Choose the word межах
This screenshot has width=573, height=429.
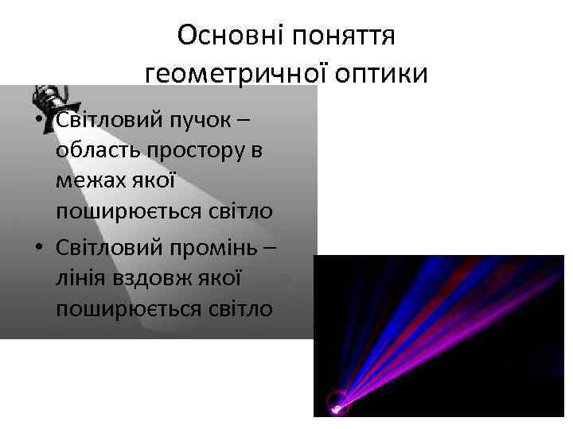tap(88, 181)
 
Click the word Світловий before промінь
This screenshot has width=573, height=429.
tap(109, 248)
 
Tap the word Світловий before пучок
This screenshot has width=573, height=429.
tap(109, 121)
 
